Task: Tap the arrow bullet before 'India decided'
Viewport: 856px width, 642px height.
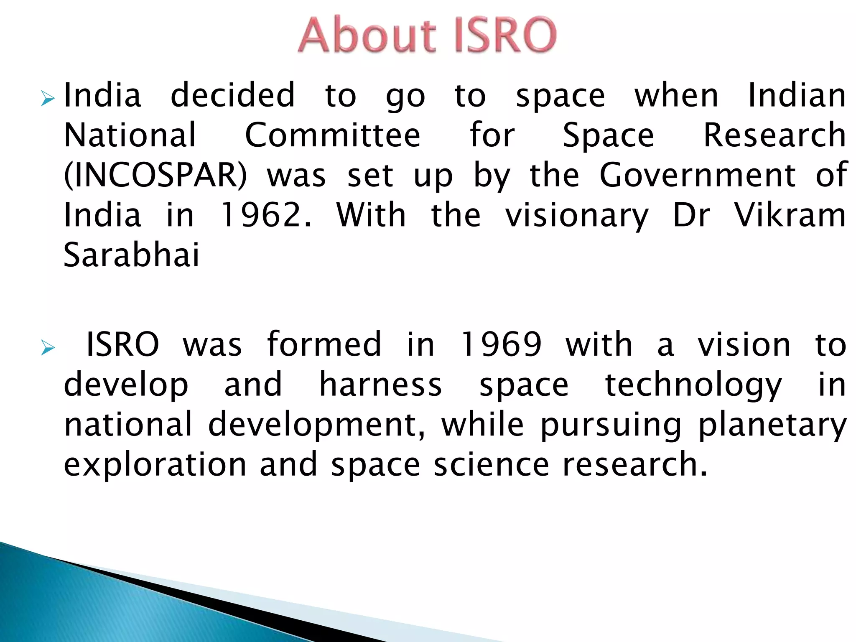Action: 48,99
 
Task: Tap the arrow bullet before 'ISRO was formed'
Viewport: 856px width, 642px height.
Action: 48,348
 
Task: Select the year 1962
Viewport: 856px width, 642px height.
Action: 266,215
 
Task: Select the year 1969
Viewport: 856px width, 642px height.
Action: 500,344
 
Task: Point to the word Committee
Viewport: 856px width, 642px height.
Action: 332,135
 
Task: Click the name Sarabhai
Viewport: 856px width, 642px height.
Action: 131,255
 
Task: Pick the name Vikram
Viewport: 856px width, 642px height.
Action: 790,215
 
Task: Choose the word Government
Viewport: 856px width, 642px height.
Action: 698,176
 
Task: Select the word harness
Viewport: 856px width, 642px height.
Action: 380,385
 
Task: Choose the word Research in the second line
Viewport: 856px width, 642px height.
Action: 774,135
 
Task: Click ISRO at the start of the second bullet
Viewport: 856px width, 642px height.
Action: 122,344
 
